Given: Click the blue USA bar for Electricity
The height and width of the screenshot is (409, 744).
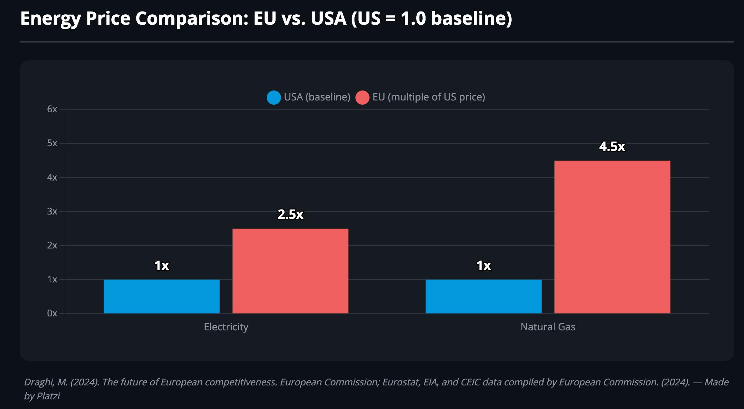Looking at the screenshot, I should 162,296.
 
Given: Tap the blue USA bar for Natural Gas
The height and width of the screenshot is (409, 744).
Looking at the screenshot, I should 483,296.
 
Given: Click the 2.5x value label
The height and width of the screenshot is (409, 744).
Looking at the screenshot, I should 291,214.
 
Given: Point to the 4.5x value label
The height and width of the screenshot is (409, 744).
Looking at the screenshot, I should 612,146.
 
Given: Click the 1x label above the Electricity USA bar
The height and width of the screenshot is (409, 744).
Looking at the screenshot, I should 162,265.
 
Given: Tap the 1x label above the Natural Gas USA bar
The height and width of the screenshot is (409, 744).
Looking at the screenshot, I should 484,265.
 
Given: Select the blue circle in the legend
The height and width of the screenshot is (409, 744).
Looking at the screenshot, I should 274,98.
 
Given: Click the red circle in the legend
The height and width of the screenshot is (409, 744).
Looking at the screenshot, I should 362,98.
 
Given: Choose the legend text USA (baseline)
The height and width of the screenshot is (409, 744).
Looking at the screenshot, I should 317,97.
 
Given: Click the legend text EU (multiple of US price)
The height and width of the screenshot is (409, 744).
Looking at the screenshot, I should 429,97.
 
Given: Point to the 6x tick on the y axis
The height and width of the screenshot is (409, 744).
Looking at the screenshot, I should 52,109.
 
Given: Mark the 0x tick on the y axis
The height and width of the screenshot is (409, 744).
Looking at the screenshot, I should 52,313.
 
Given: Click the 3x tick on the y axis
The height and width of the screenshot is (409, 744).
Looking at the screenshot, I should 52,211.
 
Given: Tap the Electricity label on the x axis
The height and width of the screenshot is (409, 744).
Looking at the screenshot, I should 226,327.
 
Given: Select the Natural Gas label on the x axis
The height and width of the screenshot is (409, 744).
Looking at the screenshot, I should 548,327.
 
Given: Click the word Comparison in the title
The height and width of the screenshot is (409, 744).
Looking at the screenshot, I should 192,19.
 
